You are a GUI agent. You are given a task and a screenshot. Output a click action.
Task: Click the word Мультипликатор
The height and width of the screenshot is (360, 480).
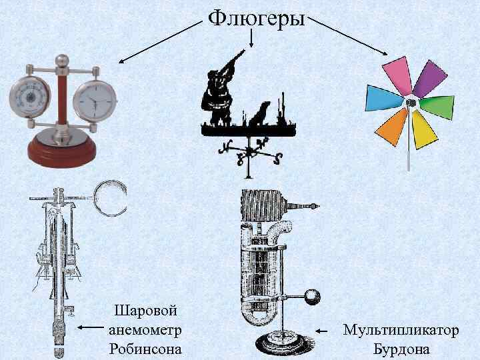[x=401, y=330]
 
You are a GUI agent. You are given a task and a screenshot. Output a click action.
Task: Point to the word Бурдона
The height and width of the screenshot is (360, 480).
[x=401, y=349]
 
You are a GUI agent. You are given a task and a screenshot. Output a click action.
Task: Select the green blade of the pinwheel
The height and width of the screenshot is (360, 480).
[x=436, y=108]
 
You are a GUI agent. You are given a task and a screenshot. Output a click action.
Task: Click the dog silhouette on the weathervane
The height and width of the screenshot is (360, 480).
[x=260, y=114]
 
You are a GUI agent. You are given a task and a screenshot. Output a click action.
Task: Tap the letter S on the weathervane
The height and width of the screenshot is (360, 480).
[x=278, y=158]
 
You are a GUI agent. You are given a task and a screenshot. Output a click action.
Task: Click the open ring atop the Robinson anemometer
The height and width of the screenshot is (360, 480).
[x=109, y=197]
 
